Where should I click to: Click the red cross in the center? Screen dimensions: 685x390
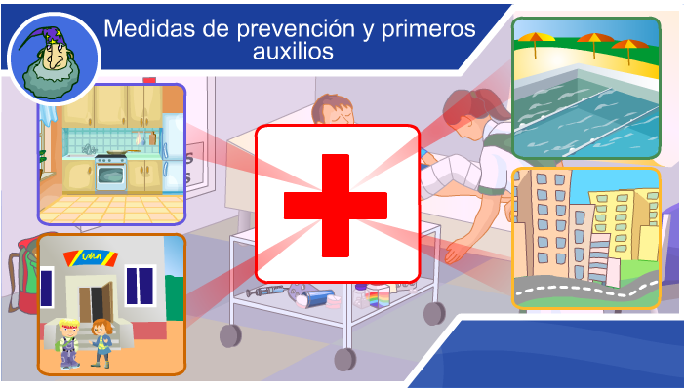pos(336,206)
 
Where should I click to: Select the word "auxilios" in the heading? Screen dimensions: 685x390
pos(293,51)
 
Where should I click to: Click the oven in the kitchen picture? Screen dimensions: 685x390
pos(111,175)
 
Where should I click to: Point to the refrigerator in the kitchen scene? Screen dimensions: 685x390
pos(174,153)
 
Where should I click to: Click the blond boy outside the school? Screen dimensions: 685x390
pos(68,344)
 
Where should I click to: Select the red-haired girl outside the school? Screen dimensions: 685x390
pos(101,343)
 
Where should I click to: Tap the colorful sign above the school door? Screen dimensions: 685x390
pos(90,258)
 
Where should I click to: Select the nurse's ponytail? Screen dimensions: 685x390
pos(491,102)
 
